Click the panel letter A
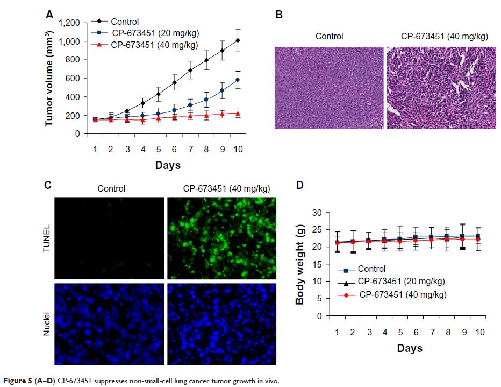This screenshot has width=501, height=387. [49, 16]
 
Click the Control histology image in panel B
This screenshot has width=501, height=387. [328, 88]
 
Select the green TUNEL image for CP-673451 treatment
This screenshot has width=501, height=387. [221, 237]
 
